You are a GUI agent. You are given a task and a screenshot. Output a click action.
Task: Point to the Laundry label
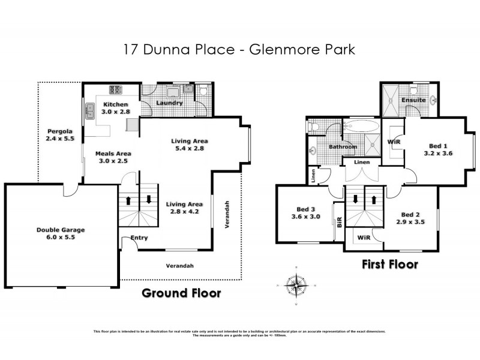[169, 103]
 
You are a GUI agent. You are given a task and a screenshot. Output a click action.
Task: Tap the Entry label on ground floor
[139, 238]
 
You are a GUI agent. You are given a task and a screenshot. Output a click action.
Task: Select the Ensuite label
[414, 100]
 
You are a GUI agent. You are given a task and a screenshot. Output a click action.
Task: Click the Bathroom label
[343, 147]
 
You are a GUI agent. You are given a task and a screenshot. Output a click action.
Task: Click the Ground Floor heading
[181, 293]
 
